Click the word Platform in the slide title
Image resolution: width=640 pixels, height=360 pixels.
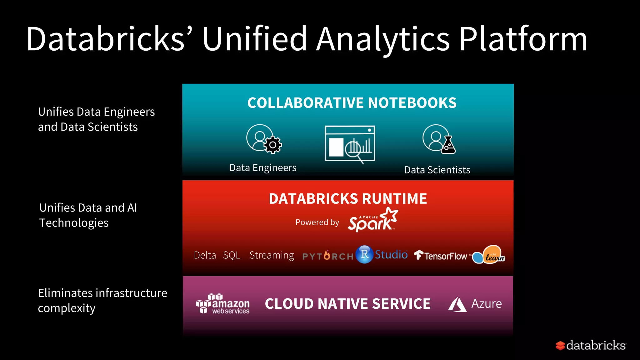tap(523, 39)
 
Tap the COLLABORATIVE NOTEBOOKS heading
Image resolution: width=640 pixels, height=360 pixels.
tap(352, 103)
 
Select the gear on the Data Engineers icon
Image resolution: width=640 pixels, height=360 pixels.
tap(273, 145)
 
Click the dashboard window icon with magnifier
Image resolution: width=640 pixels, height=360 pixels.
tap(350, 144)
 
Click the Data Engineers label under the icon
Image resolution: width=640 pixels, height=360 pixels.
tap(263, 168)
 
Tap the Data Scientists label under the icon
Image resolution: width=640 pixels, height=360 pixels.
tap(437, 170)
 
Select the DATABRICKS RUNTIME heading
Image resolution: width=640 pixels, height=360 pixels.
tap(348, 199)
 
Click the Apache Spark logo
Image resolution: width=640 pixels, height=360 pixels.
tap(372, 220)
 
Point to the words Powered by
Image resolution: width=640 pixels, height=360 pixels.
tap(317, 222)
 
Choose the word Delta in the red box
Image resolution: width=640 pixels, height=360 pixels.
tap(205, 255)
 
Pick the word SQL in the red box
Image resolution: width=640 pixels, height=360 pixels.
tap(232, 255)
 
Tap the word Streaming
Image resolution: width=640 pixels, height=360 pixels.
tap(272, 255)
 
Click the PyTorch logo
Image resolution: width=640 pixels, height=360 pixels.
tap(328, 256)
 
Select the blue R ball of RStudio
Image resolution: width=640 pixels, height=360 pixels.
tap(364, 254)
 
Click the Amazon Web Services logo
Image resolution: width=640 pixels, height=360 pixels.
tap(223, 304)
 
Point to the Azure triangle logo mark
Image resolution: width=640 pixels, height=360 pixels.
tap(457, 304)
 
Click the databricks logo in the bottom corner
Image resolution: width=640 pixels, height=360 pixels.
tap(591, 345)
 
